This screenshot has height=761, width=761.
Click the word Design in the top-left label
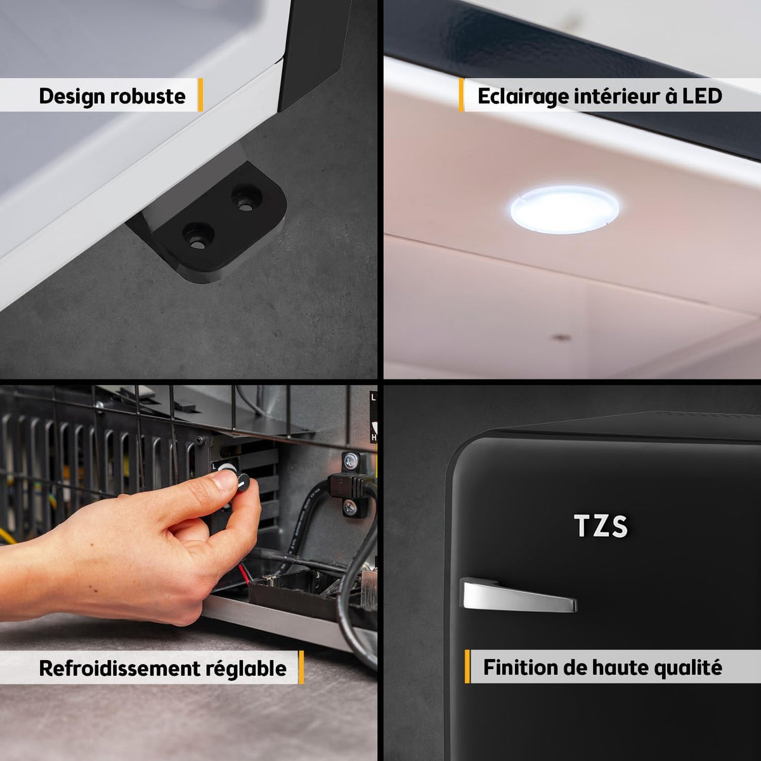coord(72,97)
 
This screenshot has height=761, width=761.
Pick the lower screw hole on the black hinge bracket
coord(198,235)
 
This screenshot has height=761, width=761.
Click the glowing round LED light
coord(564,210)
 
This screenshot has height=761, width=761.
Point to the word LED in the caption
coord(702,96)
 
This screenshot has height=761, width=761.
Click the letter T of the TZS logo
coord(582,526)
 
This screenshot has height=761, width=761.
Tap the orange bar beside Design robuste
coord(200,94)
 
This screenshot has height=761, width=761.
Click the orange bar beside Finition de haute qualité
coord(467,667)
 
